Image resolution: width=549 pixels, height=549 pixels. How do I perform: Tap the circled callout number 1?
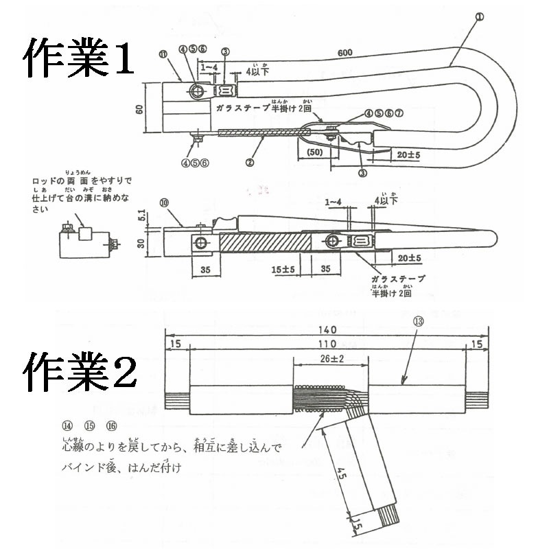(x=480, y=15)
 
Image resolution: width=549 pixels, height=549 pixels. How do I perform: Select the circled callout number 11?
(x=163, y=54)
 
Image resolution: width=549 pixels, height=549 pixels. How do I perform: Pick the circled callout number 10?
(x=164, y=202)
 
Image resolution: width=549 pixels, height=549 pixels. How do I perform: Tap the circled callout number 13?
(x=419, y=320)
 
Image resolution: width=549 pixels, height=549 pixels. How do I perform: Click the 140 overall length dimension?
(x=327, y=329)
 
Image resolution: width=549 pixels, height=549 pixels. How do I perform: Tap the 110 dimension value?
(x=327, y=343)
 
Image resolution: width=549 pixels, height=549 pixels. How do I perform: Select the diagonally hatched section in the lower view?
(x=264, y=243)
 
